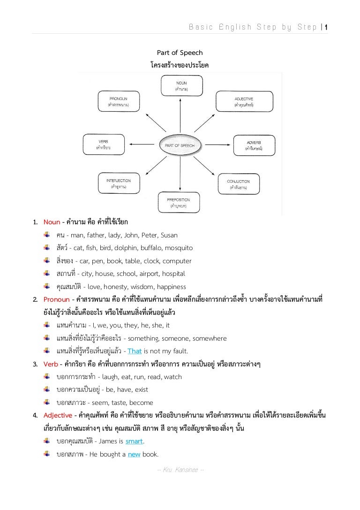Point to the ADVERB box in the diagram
click(x=254, y=145)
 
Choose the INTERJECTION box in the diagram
click(x=118, y=183)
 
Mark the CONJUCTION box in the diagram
click(x=238, y=184)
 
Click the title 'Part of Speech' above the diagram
click(x=180, y=53)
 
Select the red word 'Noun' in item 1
click(x=52, y=222)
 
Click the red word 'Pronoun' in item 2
click(x=56, y=299)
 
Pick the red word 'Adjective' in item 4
click(x=58, y=415)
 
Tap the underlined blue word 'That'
click(x=135, y=351)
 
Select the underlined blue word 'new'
click(x=134, y=454)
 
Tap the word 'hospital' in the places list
click(x=173, y=274)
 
